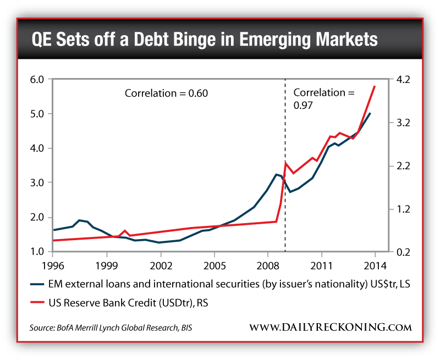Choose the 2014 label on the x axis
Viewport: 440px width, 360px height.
[x=375, y=263]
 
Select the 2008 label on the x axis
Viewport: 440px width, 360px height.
[x=267, y=263]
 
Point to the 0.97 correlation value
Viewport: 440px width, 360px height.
[x=302, y=106]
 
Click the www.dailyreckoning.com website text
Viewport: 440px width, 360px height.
[x=330, y=328]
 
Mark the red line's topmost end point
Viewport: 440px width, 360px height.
[x=375, y=86]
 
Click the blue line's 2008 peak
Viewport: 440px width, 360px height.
[x=276, y=174]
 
